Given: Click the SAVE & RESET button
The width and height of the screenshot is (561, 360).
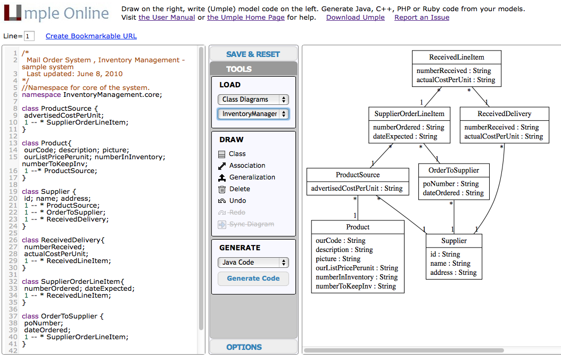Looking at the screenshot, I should (x=253, y=54).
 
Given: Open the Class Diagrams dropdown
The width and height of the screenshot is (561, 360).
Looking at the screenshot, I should (x=253, y=99).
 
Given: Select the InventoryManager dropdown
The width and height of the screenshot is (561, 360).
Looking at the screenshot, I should (x=253, y=113).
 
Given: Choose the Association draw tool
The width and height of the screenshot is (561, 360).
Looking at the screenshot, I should (x=247, y=166).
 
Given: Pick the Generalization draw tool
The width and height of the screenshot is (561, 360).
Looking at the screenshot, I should (x=252, y=177).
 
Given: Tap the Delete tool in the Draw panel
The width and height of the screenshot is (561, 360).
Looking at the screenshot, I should (x=239, y=189).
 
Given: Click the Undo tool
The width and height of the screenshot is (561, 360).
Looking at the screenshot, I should (x=237, y=201).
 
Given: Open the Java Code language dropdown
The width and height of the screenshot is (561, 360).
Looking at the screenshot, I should (x=253, y=262).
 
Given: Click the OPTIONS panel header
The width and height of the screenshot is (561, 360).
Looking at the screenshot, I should (x=244, y=347).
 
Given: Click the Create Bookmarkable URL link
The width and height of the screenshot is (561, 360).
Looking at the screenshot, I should (x=91, y=36).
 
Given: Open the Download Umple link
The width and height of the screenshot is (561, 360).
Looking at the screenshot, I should (x=355, y=18).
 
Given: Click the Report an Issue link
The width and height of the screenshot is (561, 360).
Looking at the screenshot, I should (x=422, y=18).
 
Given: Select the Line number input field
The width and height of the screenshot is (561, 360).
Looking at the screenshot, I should (x=29, y=36).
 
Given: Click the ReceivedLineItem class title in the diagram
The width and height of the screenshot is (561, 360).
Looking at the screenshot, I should (x=457, y=57).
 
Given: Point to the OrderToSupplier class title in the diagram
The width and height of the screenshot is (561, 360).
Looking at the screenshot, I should (x=454, y=170).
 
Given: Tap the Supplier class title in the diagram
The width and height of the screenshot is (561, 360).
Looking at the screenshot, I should (x=454, y=241).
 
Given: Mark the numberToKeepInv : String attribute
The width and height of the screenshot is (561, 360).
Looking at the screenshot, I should (x=356, y=286).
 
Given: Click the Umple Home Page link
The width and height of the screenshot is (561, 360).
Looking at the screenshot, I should (x=246, y=18).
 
